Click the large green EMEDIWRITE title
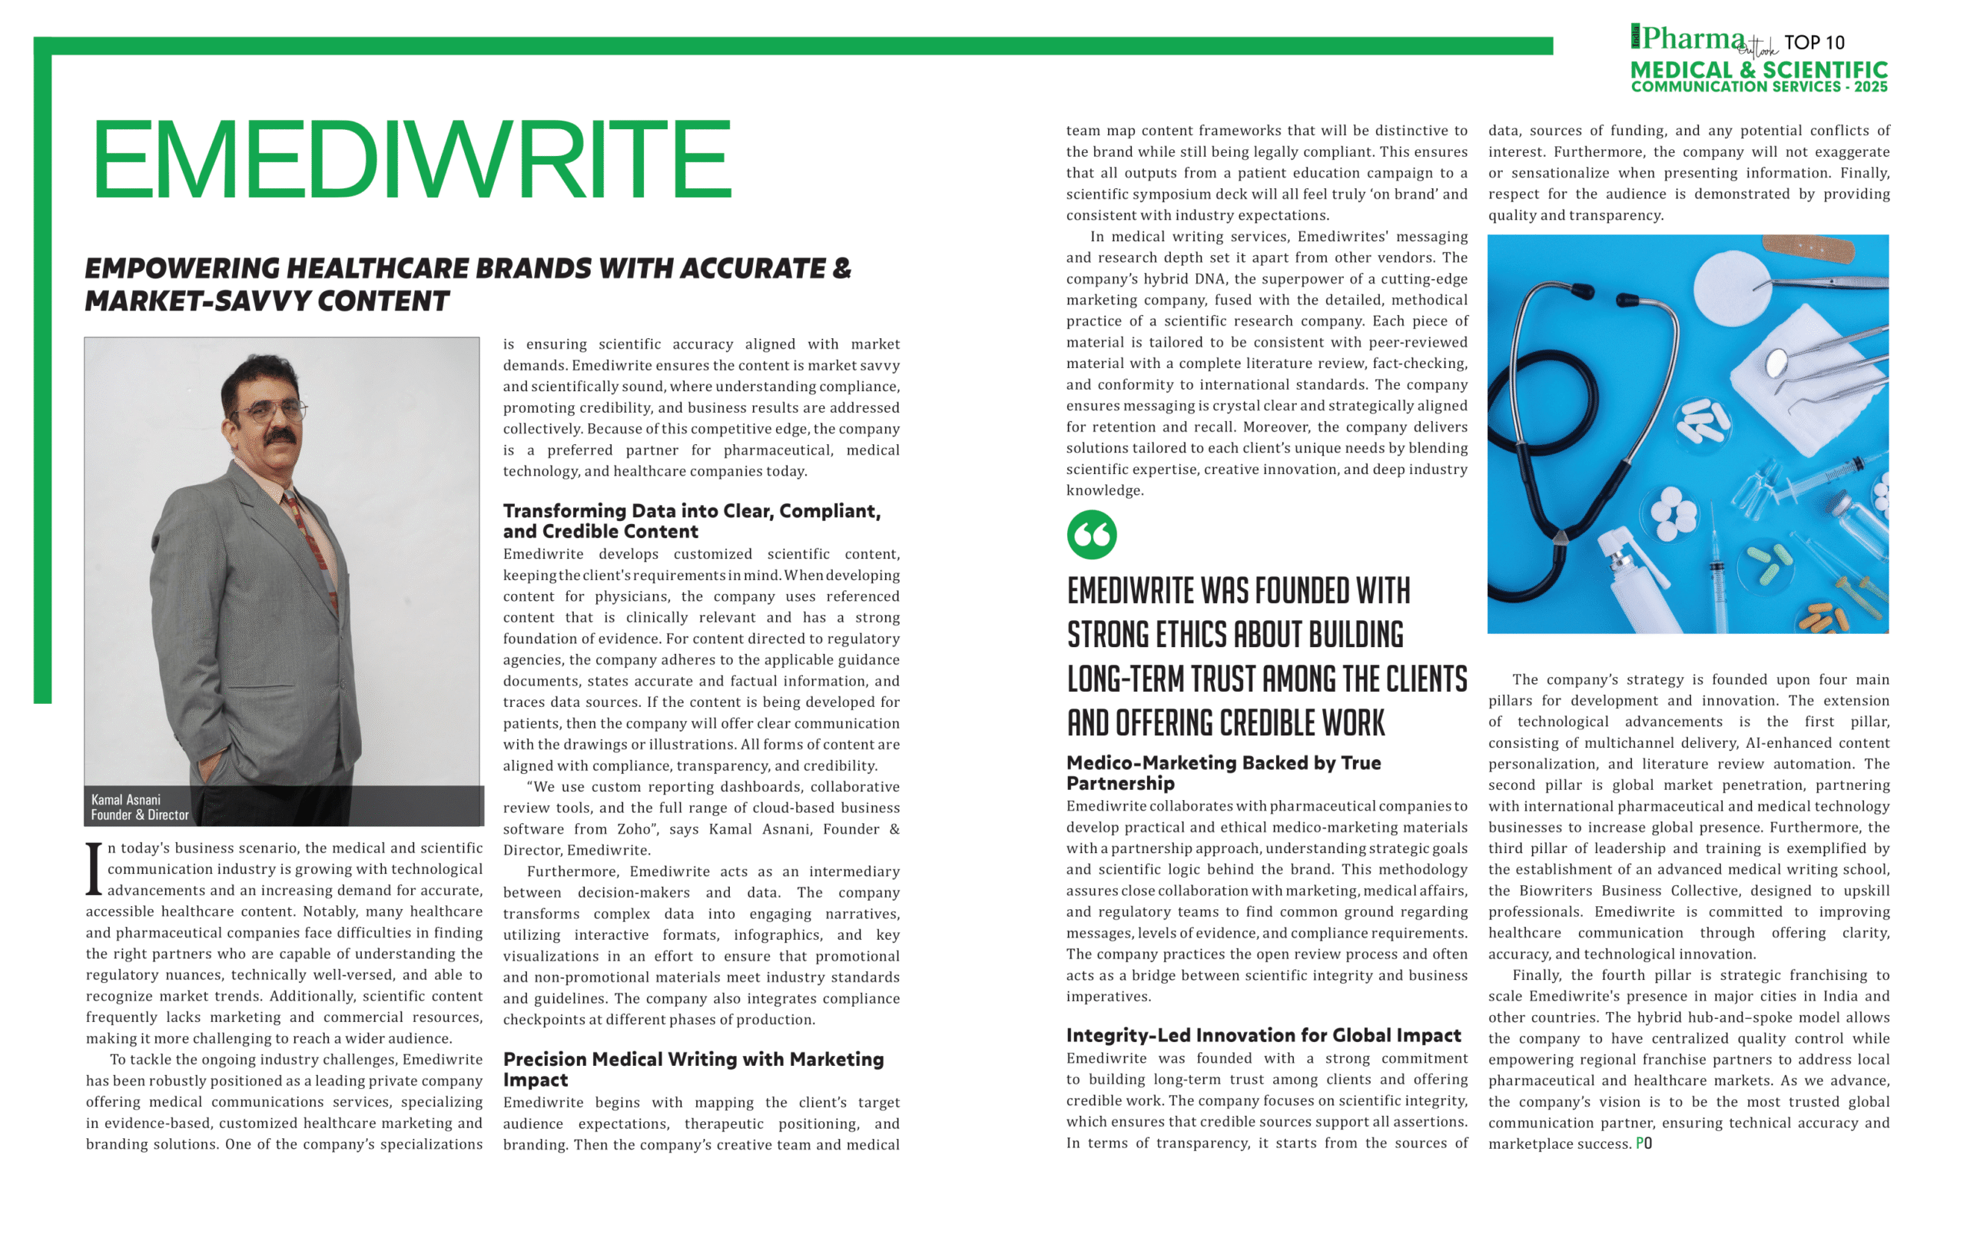click(412, 159)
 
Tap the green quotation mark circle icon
click(1091, 535)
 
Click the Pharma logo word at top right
click(1693, 38)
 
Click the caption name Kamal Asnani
click(126, 800)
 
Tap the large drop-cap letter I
click(95, 869)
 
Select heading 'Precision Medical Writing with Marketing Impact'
click(693, 1069)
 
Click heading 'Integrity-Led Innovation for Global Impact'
click(1263, 1036)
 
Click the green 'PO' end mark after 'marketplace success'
click(1644, 1143)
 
